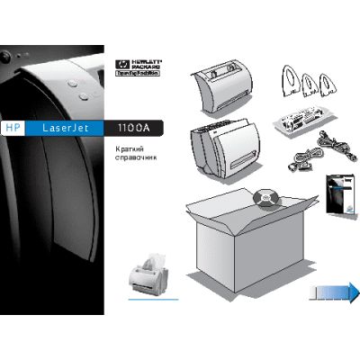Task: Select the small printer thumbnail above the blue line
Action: coord(148,274)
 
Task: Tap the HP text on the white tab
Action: coord(12,128)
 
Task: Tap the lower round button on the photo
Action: coord(84,94)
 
